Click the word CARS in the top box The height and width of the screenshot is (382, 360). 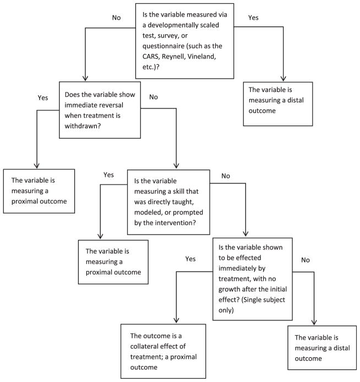tap(151, 57)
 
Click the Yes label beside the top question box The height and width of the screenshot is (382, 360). tap(253, 18)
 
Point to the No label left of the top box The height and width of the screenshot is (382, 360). tap(117, 18)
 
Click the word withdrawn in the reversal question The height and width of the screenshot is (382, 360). tap(83, 126)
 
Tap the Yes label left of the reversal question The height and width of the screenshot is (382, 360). tap(43, 97)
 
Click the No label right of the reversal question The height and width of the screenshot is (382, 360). tap(154, 97)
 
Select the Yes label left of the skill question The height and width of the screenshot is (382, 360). tap(108, 174)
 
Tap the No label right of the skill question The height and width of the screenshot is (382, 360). tap(226, 176)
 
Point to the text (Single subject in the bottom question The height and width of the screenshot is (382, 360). tap(263, 299)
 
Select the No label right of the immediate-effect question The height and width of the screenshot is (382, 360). tap(306, 260)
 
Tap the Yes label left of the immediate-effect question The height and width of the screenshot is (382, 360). tap(190, 259)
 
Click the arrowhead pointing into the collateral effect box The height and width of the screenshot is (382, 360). tap(176, 320)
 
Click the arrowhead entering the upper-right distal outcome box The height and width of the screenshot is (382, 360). tap(283, 78)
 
